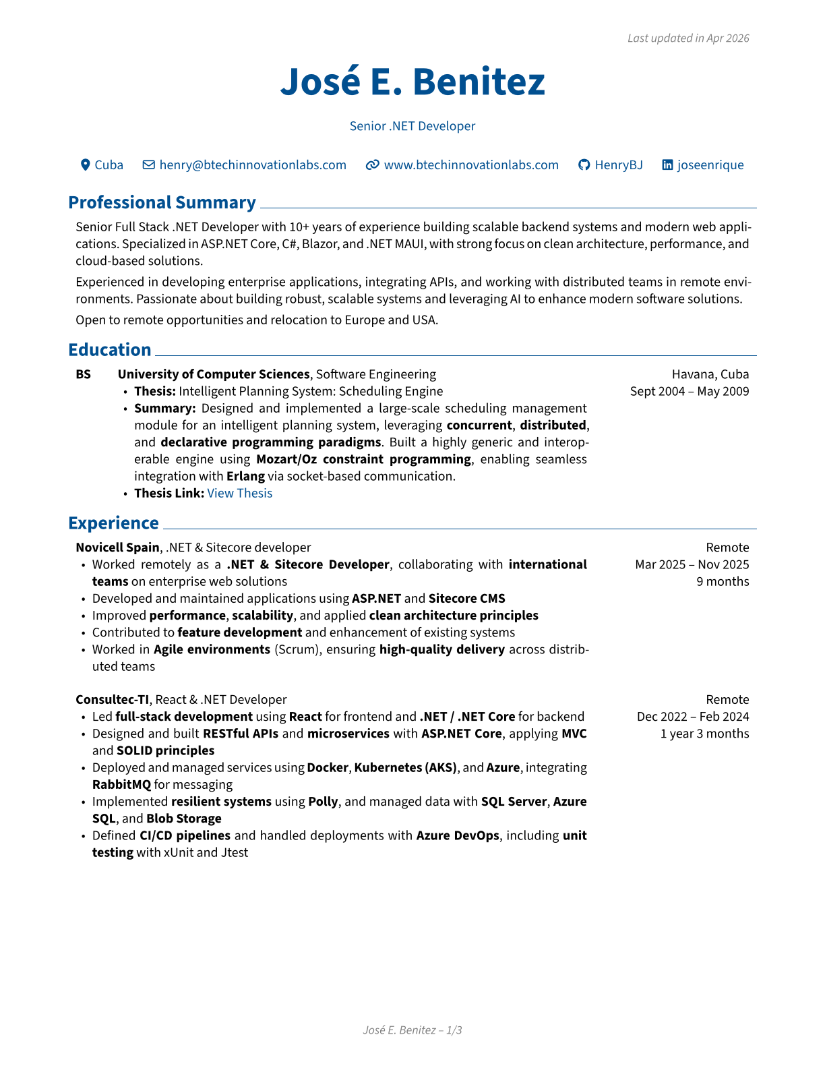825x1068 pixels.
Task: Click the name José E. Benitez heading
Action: click(413, 82)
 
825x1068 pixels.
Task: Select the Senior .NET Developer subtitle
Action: click(413, 126)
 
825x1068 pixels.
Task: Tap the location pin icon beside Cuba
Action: click(86, 165)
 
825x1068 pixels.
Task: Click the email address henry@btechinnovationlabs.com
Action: click(253, 165)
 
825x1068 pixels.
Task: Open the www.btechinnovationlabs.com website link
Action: click(471, 165)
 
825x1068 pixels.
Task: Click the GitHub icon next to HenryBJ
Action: click(584, 165)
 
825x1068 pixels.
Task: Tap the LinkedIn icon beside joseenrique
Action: click(667, 165)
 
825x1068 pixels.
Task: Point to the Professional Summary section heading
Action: click(162, 202)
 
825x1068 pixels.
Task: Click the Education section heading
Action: click(110, 350)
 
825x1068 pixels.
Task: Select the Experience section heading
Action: click(114, 523)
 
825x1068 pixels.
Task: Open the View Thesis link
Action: click(240, 493)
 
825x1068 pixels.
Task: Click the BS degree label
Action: click(84, 374)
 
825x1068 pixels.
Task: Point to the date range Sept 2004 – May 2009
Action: click(690, 391)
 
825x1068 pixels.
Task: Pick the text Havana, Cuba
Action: click(710, 374)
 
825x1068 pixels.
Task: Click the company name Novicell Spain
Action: click(118, 547)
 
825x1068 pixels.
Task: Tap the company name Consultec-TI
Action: click(112, 700)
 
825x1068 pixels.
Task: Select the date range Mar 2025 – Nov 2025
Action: click(692, 564)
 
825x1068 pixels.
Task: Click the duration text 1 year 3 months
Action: click(704, 734)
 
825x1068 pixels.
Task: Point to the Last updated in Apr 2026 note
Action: click(688, 38)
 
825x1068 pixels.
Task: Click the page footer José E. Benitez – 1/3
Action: click(413, 1030)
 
